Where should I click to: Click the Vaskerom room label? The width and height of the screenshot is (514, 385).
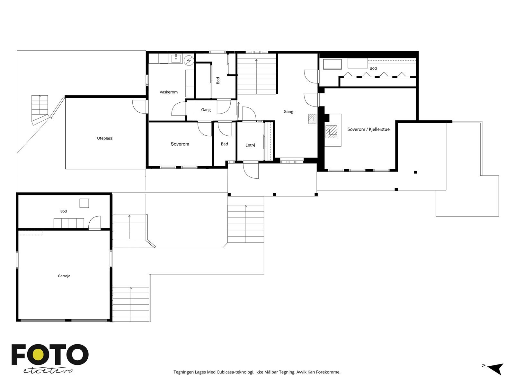pyautogui.click(x=169, y=92)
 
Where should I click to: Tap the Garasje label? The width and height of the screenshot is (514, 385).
pyautogui.click(x=64, y=276)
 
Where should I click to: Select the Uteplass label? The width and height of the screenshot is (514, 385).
pyautogui.click(x=105, y=138)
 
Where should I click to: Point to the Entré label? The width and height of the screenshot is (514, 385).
pyautogui.click(x=250, y=145)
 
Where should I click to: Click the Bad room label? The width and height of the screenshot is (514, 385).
pyautogui.click(x=224, y=144)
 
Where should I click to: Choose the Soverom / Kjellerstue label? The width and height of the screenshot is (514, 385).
pyautogui.click(x=368, y=129)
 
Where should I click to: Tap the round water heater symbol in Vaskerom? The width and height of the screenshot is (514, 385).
pyautogui.click(x=189, y=60)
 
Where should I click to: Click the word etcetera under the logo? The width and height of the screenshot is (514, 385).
pyautogui.click(x=48, y=371)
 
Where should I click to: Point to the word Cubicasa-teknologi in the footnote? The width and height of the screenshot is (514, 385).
pyautogui.click(x=235, y=372)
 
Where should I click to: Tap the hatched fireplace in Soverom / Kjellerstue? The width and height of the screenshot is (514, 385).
pyautogui.click(x=331, y=132)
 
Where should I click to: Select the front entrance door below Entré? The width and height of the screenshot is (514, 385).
pyautogui.click(x=251, y=170)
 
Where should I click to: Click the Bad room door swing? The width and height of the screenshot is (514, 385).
pyautogui.click(x=225, y=129)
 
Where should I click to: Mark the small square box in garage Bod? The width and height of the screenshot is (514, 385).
pyautogui.click(x=84, y=203)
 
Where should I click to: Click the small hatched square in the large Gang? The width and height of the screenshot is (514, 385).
pyautogui.click(x=312, y=119)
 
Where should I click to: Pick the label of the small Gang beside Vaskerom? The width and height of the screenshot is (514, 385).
pyautogui.click(x=206, y=110)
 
